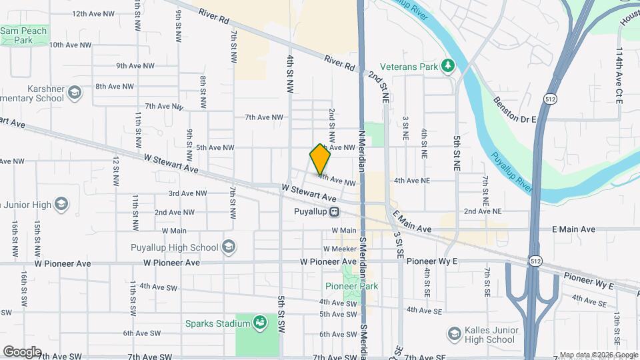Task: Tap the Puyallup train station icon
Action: coord(335,212)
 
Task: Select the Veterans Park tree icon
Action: coord(449,66)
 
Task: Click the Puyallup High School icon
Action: coord(229,247)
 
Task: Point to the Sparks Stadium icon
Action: coord(261,324)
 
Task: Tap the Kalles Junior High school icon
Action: coord(455,333)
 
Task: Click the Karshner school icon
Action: coord(74,92)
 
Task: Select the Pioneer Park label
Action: coord(351,287)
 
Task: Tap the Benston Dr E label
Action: coord(514,109)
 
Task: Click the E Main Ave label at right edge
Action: coord(573,229)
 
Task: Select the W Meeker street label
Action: coord(341,249)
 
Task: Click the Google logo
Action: coord(22,352)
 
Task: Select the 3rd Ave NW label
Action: coord(187,193)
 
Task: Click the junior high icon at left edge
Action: coord(62,203)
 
